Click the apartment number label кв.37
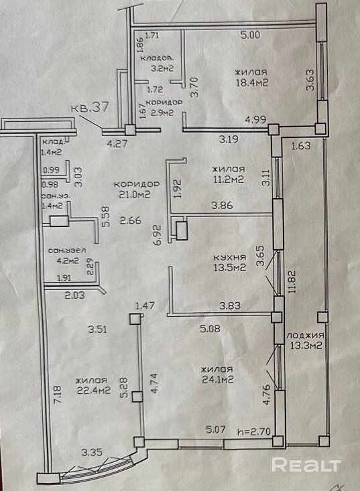pos(90,107)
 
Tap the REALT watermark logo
pos(306,464)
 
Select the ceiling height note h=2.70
pos(254,431)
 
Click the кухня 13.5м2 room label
pos(230,263)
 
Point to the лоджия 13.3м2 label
pos(305,340)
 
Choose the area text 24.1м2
pos(218,380)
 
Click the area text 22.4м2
pos(93,391)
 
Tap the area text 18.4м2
pos(251,82)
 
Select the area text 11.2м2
pos(229,180)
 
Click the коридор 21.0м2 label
pos(137,190)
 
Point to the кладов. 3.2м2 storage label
pos(158,63)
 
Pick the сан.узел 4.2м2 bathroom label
pos(67,255)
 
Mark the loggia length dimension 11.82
pos(293,281)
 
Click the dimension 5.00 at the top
pos(250,35)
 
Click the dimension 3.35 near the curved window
pos(92,452)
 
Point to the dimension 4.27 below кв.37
pos(117,145)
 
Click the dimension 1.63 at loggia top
pos(301,145)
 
